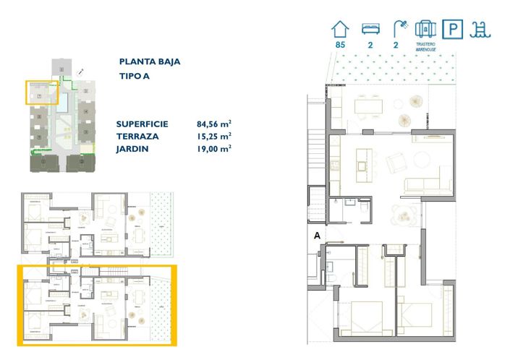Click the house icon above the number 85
(339, 28)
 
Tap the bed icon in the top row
(370, 29)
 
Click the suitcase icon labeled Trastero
(426, 28)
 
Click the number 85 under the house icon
(339, 44)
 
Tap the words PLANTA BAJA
(149, 62)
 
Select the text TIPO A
(135, 77)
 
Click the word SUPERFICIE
(142, 124)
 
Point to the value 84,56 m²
(213, 124)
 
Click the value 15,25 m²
(213, 136)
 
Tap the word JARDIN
(132, 148)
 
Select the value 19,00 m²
(213, 148)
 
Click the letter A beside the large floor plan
(317, 235)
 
